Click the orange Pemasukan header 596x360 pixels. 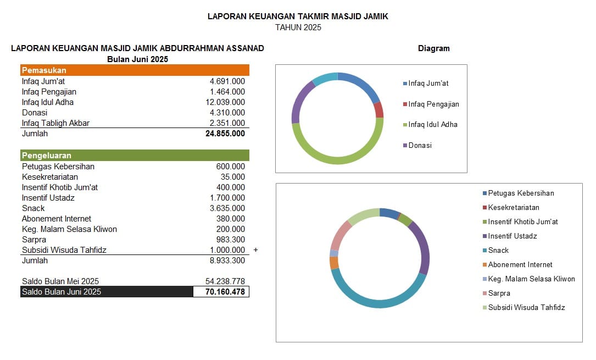point(135,70)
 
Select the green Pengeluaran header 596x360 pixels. point(135,156)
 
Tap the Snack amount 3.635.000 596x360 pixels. point(227,208)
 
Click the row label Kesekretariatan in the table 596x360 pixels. point(50,177)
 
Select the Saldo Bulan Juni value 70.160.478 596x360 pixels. point(225,292)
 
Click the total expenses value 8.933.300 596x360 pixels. point(227,261)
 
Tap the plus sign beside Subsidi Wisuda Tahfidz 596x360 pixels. point(255,250)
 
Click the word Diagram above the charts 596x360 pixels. point(433,48)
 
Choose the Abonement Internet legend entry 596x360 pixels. point(520,265)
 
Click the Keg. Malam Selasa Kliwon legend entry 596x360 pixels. point(531,279)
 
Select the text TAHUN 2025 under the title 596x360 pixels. point(298,27)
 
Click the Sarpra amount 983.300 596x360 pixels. point(231,240)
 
